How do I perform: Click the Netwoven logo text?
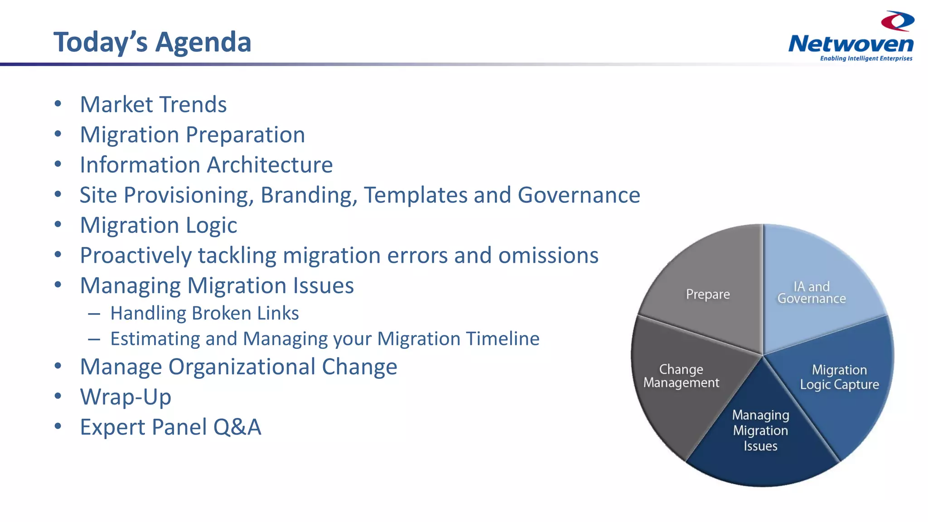(x=851, y=44)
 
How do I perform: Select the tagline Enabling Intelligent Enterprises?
(x=866, y=58)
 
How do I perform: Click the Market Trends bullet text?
(x=153, y=105)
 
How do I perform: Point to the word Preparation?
(x=245, y=135)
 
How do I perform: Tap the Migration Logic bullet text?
(x=158, y=225)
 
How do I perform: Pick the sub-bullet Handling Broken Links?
(x=204, y=314)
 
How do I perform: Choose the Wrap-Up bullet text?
(x=126, y=397)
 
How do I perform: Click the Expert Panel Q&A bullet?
(x=170, y=427)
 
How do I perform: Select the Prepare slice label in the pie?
(x=708, y=295)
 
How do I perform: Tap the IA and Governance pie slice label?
(x=812, y=293)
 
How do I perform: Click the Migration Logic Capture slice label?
(x=839, y=377)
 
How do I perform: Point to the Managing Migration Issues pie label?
(x=760, y=430)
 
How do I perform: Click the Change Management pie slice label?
(x=681, y=376)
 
